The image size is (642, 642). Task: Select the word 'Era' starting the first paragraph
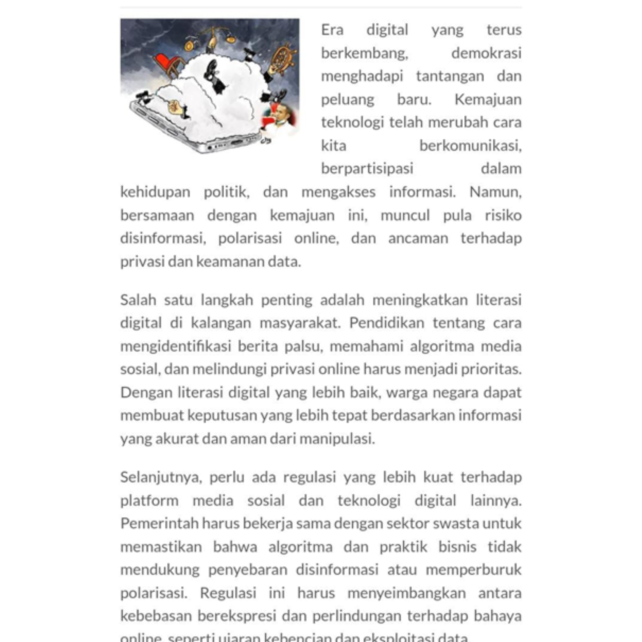coord(332,30)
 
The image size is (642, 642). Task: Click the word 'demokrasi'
coord(486,53)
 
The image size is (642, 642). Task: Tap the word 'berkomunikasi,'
coord(470,146)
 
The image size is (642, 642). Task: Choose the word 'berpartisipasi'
coord(367,168)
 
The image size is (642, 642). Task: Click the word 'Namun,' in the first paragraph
coord(495,192)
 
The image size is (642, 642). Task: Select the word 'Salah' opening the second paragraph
coord(138,300)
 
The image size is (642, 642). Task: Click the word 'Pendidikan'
coord(387,323)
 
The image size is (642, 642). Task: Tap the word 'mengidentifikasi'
coord(175,346)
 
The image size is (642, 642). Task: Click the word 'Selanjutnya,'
coord(161,477)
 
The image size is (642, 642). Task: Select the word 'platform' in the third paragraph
coord(149,500)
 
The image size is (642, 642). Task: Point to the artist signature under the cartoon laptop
coord(265,141)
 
